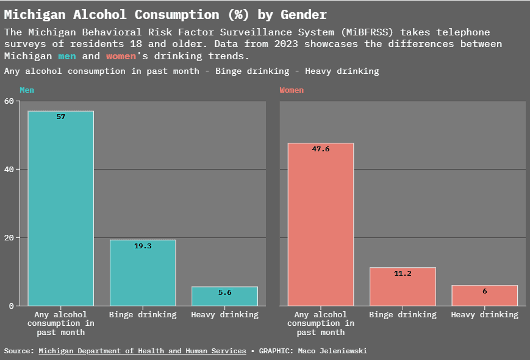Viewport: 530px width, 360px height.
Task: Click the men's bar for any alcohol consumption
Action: (x=60, y=207)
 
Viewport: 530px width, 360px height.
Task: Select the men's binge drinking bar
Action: (x=143, y=272)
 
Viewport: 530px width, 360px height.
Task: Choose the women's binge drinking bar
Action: (x=403, y=286)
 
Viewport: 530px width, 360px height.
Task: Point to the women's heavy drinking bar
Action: (x=484, y=295)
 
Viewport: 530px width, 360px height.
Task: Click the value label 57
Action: (x=61, y=117)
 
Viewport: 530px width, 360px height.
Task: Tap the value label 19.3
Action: (x=143, y=246)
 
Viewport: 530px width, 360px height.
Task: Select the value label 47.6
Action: (x=321, y=149)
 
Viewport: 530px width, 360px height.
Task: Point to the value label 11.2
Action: (x=403, y=273)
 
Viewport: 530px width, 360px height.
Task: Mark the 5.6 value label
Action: (x=225, y=292)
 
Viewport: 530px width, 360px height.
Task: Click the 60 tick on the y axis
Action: (x=9, y=101)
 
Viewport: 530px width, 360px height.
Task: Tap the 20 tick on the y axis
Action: (x=9, y=237)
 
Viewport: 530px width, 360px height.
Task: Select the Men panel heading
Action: (x=27, y=90)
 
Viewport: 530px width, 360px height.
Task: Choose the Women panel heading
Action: (x=292, y=90)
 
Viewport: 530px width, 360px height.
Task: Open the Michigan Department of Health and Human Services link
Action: (x=142, y=351)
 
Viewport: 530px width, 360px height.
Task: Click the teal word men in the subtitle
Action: (x=67, y=56)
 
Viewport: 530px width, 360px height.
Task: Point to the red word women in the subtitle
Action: (x=121, y=56)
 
